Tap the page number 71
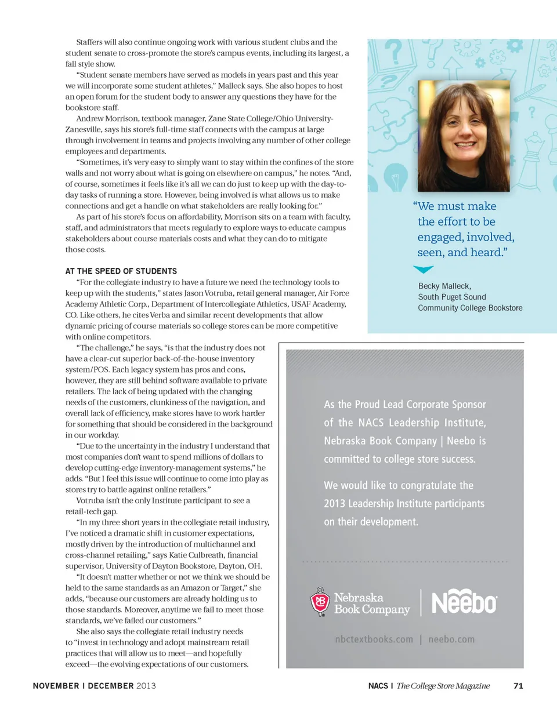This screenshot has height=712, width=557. click(519, 686)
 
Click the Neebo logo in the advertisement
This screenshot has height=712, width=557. click(465, 602)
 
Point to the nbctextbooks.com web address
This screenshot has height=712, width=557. click(374, 640)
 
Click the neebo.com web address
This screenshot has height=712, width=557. click(451, 640)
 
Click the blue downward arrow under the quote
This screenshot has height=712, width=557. click(424, 269)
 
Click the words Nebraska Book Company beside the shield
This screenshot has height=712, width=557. click(372, 603)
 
